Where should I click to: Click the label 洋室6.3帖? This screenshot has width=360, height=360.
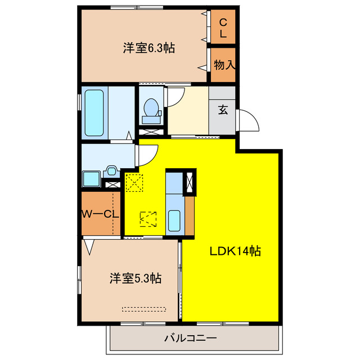point(148,48)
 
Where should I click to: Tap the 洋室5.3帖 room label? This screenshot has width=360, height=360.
point(136,278)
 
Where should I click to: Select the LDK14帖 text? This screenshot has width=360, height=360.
point(235,251)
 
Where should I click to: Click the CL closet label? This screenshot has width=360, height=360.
point(223,29)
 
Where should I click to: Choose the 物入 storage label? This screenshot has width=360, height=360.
point(224,65)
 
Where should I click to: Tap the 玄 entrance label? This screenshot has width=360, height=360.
point(223,110)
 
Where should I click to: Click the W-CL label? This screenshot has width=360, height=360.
point(100,214)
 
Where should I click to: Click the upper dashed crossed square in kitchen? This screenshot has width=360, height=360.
point(134,183)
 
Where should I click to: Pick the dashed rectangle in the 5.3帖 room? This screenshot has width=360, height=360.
point(145,308)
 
